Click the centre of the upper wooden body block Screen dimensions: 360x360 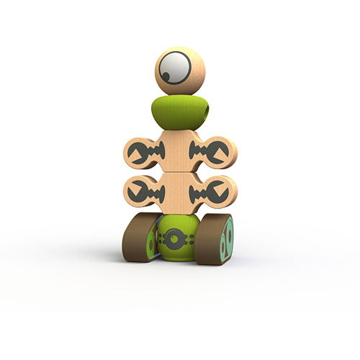179,151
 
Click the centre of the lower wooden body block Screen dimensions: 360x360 179,192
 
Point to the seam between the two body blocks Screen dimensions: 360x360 179,172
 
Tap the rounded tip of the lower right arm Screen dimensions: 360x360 231,192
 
